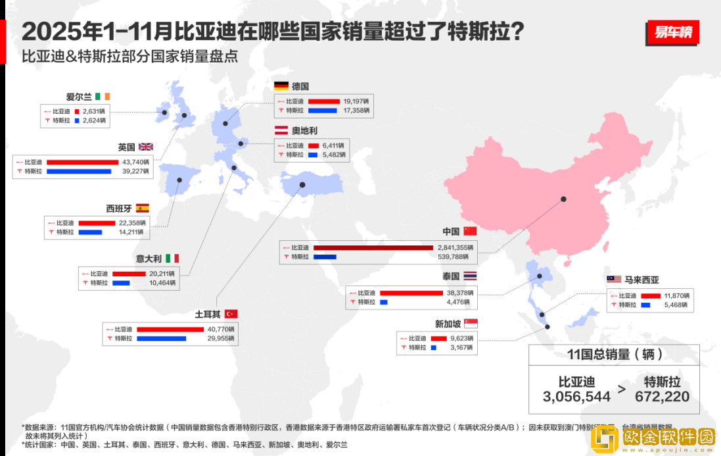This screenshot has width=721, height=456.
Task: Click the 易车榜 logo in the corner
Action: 672,32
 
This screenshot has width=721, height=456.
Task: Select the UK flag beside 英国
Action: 145,147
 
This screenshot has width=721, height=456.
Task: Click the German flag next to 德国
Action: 281,86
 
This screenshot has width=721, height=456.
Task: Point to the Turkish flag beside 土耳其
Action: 231,313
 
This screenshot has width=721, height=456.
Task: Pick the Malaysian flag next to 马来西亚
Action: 614,280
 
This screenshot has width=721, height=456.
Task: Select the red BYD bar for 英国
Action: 82,162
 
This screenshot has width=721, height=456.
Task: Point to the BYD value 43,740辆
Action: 136,162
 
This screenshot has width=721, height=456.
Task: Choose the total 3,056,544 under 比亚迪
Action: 576,396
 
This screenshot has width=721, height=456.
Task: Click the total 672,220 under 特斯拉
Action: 662,396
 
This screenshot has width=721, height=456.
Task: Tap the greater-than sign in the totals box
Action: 622,389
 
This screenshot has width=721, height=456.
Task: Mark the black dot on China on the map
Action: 563,199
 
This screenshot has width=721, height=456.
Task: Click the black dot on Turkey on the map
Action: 302,185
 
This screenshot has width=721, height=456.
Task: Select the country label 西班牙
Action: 119,209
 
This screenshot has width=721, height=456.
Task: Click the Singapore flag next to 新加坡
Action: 471,323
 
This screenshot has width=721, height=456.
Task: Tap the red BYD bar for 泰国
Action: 411,293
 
